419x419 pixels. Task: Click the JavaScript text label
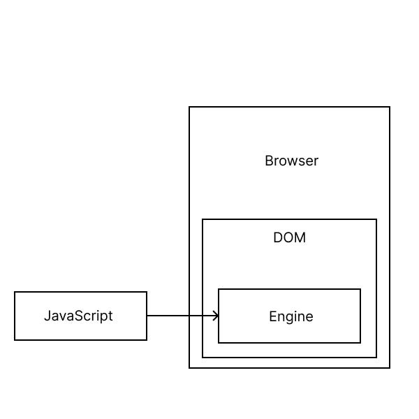point(78,316)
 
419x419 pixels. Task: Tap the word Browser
point(291,161)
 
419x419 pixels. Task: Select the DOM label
point(289,237)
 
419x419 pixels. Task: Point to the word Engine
point(291,317)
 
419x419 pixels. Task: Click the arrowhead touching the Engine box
point(216,316)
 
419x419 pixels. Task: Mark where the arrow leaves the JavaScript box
point(147,316)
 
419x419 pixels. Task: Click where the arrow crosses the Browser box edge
point(189,316)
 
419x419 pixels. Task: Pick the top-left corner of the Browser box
point(189,107)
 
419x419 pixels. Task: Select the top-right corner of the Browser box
point(390,107)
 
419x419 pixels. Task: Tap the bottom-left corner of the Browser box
point(189,367)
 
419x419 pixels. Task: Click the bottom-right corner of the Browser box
point(390,367)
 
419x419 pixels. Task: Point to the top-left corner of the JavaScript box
point(15,292)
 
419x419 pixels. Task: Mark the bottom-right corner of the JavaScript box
point(147,340)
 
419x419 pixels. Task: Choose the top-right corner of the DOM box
point(376,219)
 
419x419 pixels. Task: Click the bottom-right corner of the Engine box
point(360,343)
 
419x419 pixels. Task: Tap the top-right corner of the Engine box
point(360,289)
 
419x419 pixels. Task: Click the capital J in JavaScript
point(47,316)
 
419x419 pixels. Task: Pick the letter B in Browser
point(269,161)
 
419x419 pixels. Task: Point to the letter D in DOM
point(277,237)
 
